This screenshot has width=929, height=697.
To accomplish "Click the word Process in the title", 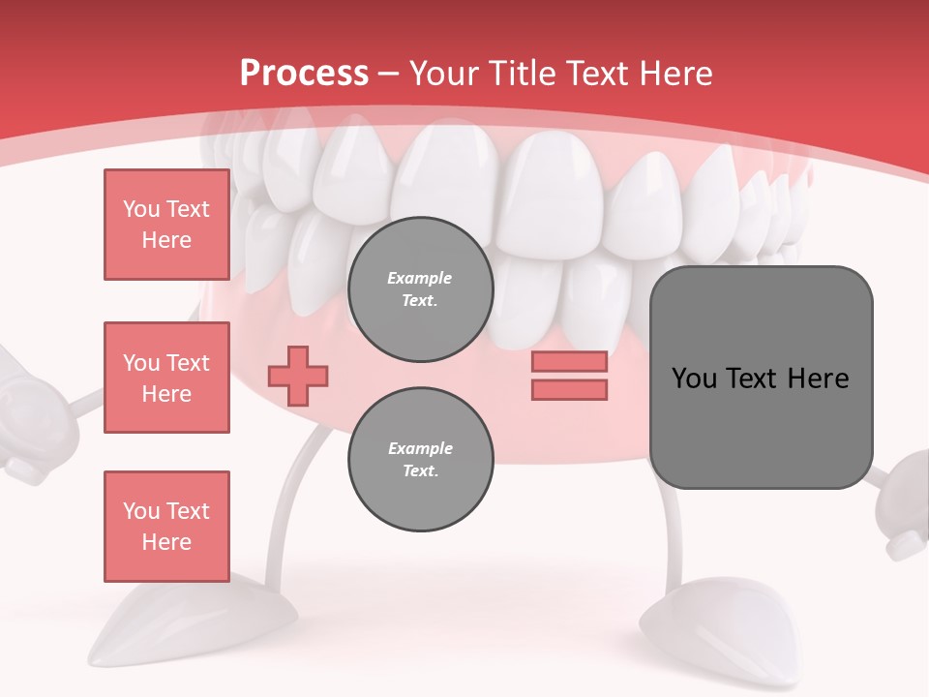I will pos(304,74).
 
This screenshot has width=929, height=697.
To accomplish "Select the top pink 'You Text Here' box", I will pos(166,225).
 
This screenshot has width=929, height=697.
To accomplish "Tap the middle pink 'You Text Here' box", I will pos(166,378).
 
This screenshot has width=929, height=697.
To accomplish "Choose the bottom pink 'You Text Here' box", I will pos(166,527).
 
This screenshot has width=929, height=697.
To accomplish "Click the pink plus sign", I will pos(298,375).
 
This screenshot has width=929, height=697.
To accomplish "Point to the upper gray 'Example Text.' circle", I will pos(420,289).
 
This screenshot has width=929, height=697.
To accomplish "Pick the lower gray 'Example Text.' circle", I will pos(420,460).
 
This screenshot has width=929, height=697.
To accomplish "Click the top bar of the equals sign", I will pos(569,361).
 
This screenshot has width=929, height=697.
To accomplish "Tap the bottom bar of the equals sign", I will pos(569,390).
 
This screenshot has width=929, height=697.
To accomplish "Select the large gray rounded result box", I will pos(761,378).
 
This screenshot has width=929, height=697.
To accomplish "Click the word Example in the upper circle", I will pos(420,278).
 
